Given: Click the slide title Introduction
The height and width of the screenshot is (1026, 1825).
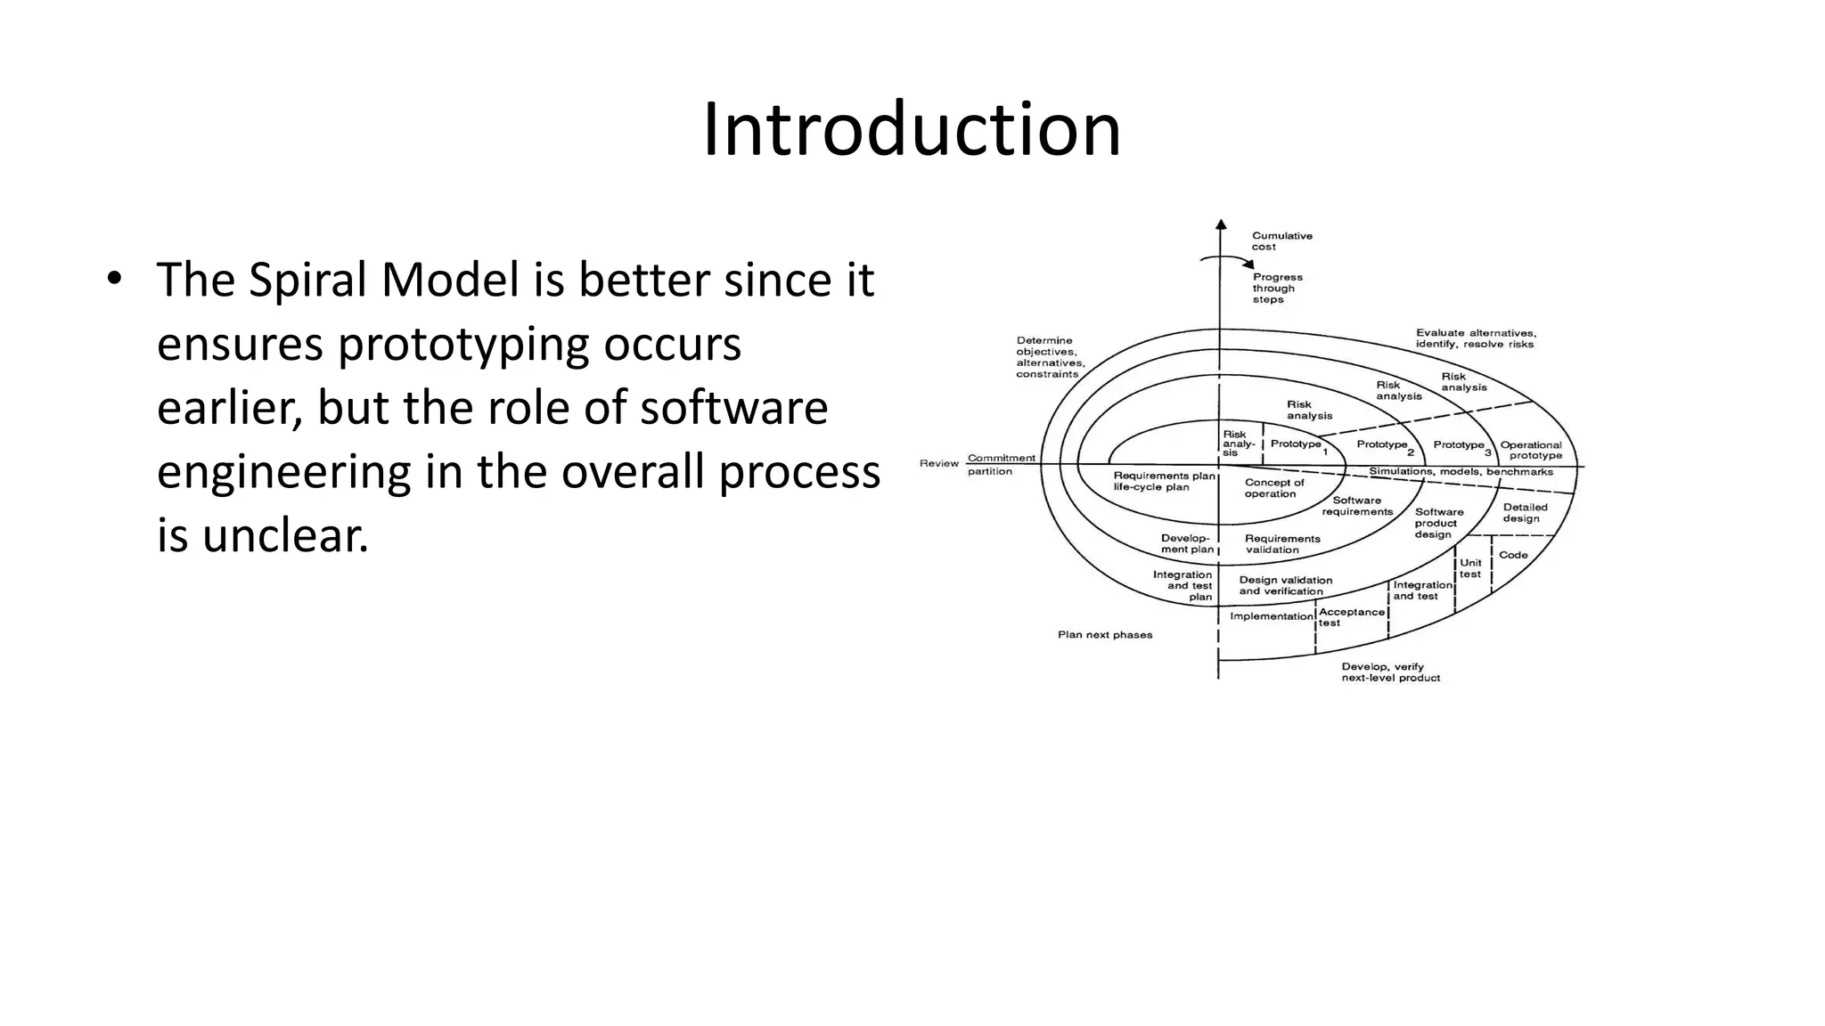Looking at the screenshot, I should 912,131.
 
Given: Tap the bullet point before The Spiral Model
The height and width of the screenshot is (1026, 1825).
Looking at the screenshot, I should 113,279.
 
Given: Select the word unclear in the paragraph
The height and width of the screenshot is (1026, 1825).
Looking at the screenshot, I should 285,536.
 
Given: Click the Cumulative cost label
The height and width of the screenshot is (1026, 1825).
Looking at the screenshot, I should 1281,241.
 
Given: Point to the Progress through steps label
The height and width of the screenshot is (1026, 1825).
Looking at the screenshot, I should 1277,289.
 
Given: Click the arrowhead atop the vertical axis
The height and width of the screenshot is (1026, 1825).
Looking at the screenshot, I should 1221,224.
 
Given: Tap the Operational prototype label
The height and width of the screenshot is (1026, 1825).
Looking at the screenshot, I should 1531,450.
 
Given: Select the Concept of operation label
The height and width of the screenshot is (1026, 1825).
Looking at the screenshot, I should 1273,488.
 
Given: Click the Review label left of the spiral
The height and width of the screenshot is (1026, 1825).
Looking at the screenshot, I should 938,463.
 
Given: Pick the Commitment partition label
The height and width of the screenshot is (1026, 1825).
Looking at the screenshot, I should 1001,464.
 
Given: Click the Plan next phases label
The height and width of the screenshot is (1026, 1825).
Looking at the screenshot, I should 1105,635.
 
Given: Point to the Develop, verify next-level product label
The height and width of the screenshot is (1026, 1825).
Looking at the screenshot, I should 1390,672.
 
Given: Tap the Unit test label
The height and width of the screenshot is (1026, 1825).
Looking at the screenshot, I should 1470,568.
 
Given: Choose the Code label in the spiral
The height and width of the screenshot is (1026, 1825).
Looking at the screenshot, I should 1513,555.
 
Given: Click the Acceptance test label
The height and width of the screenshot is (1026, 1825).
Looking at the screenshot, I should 1351,617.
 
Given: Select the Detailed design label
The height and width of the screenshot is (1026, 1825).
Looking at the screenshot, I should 1525,513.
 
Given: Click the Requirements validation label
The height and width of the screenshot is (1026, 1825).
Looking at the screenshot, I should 1281,544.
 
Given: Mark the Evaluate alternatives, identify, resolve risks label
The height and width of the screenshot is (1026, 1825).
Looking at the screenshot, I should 1475,338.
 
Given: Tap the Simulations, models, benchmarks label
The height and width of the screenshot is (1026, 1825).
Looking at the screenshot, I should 1461,472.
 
